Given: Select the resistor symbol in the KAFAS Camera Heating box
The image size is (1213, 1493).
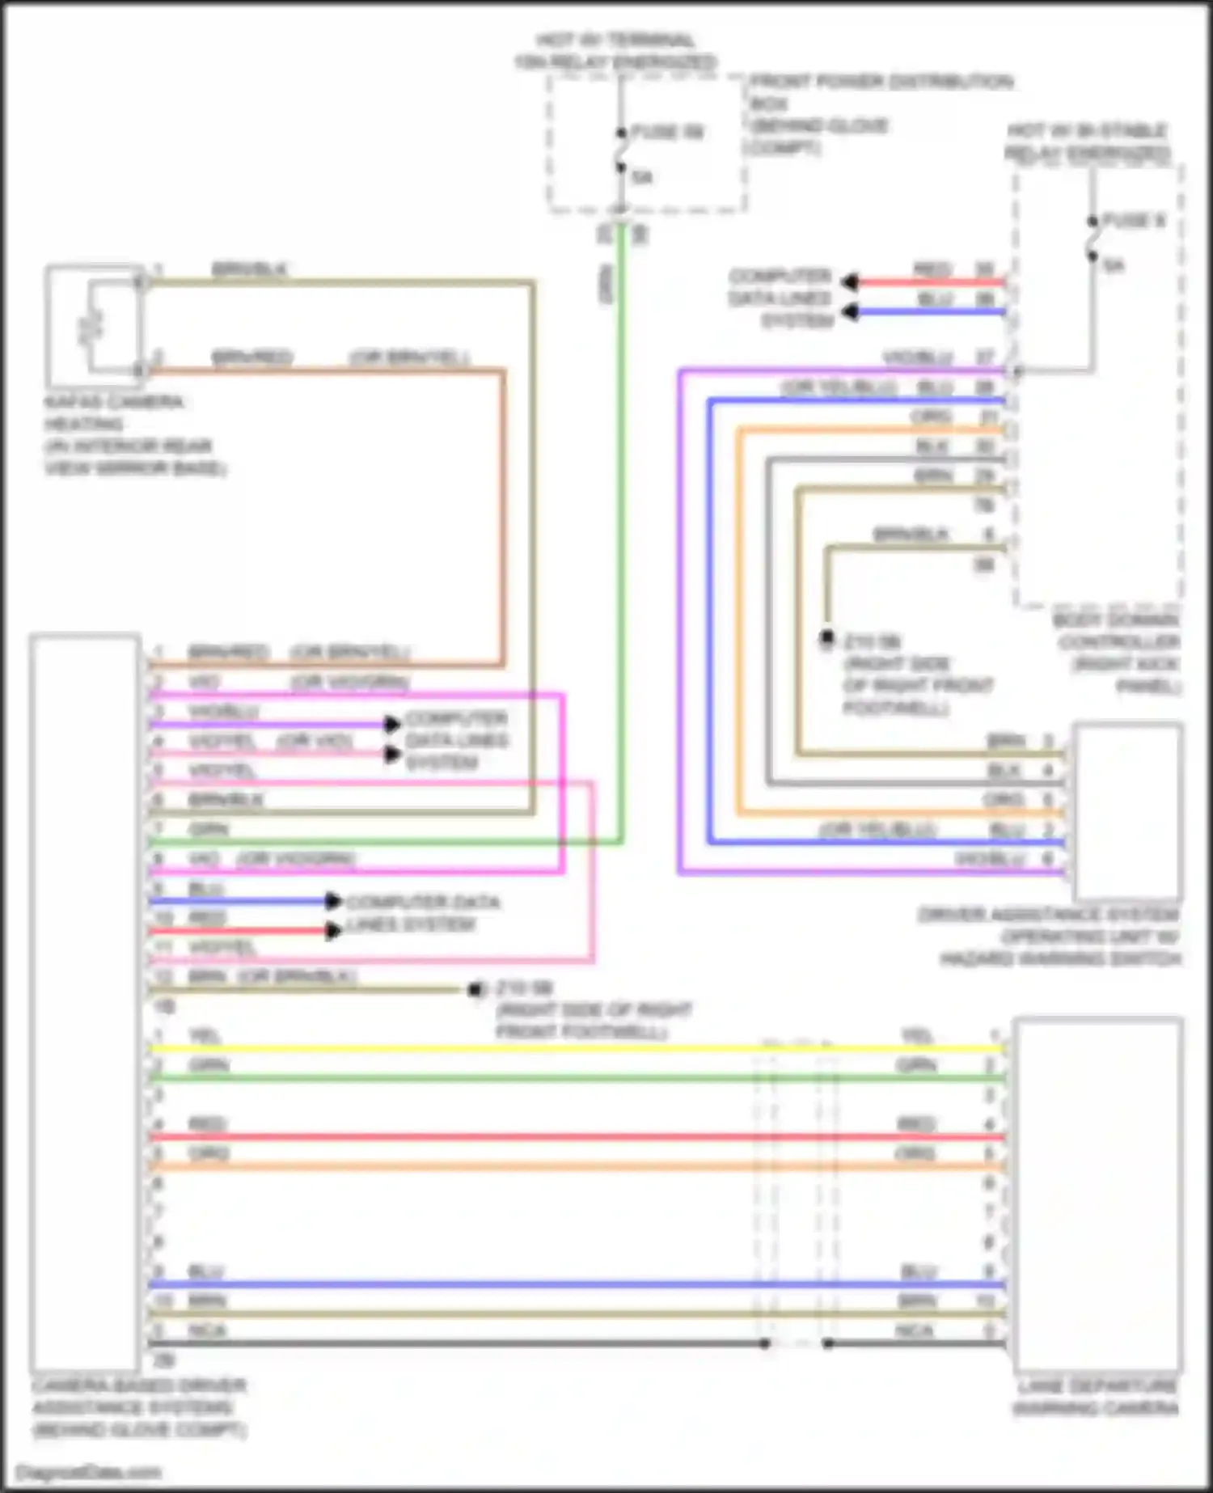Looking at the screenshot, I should [x=91, y=326].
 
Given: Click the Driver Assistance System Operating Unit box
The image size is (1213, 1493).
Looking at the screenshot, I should [x=1127, y=812].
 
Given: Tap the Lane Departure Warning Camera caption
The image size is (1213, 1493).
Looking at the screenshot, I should [x=1097, y=1398].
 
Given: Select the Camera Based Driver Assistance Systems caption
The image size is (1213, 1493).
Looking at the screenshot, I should [x=139, y=1408].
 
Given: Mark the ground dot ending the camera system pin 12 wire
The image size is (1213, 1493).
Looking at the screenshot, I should [x=475, y=989].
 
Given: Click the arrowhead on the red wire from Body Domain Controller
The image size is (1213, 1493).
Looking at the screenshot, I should [x=849, y=282].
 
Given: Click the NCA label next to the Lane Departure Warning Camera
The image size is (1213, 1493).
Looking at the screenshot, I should [x=914, y=1330].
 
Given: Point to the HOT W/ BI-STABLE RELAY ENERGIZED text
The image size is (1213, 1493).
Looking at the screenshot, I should [x=1088, y=142].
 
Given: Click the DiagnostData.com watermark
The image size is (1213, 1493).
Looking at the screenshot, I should [x=89, y=1472].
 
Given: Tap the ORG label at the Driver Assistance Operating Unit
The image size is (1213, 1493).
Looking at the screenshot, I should [x=1003, y=800].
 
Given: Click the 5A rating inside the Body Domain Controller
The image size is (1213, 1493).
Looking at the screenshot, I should [x=1114, y=264].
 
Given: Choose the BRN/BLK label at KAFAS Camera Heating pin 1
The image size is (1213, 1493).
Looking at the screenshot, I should [x=249, y=269].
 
